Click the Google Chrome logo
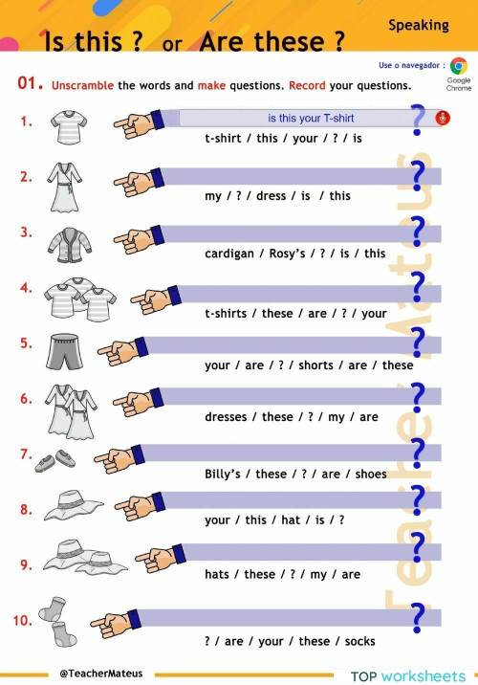(459, 66)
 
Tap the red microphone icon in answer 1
(442, 119)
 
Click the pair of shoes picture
(56, 460)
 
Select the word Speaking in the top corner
(418, 25)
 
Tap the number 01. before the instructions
(31, 84)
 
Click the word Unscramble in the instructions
(82, 85)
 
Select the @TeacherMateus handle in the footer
(100, 673)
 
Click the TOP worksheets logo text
(408, 675)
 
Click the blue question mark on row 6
(418, 394)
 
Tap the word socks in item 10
(359, 641)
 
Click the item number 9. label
(26, 564)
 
